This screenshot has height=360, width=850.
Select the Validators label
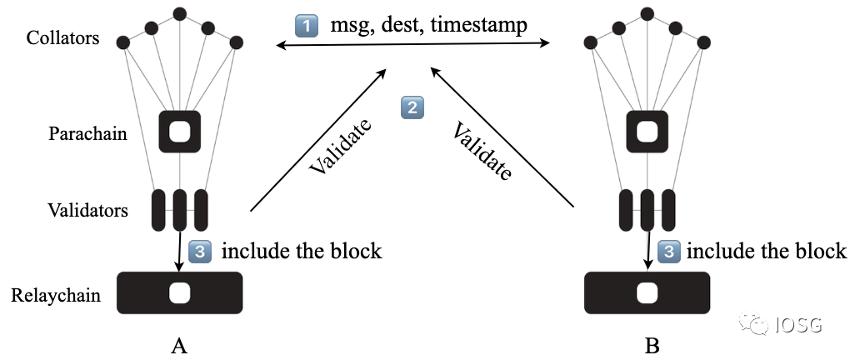coord(88,210)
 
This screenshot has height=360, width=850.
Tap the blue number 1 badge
coord(307,27)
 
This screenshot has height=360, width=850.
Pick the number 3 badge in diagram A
coord(201,250)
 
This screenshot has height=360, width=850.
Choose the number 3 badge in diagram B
coord(668,250)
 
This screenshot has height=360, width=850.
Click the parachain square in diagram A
coord(179,132)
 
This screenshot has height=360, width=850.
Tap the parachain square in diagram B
coord(647,132)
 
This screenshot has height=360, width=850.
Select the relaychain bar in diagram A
coord(179,293)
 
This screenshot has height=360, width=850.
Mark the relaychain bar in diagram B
coord(647,293)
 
